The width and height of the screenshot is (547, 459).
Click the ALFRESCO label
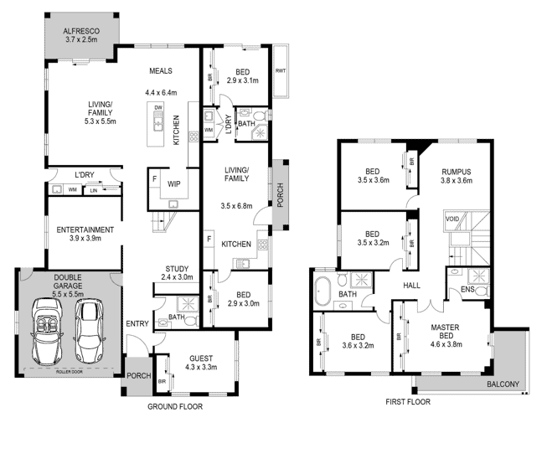point(81,31)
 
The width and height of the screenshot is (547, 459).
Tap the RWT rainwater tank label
point(281,71)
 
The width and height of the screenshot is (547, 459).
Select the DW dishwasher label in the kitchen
point(158,108)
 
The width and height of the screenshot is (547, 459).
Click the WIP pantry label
point(173,183)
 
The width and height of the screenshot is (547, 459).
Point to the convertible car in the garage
point(47,332)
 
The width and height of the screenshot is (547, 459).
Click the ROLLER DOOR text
point(69,372)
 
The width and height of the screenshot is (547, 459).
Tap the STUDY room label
point(177,269)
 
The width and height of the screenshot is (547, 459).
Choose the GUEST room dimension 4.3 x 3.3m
point(201,367)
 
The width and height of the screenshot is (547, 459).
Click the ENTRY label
point(137,324)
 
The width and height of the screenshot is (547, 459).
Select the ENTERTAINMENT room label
point(85,230)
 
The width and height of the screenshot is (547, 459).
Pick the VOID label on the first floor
point(452,219)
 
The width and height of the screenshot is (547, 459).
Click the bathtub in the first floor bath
point(322,291)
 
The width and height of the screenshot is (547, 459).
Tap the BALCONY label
point(503,384)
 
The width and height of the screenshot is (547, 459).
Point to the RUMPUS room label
point(457,172)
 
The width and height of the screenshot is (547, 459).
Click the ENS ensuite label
point(467,289)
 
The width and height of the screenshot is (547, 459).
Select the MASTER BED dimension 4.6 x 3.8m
point(446,344)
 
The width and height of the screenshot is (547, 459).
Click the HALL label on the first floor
point(411,286)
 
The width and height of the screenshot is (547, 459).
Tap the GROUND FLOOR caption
point(175,407)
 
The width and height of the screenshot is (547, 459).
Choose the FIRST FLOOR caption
point(408,402)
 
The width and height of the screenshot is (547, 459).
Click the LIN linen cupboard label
point(94,190)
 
